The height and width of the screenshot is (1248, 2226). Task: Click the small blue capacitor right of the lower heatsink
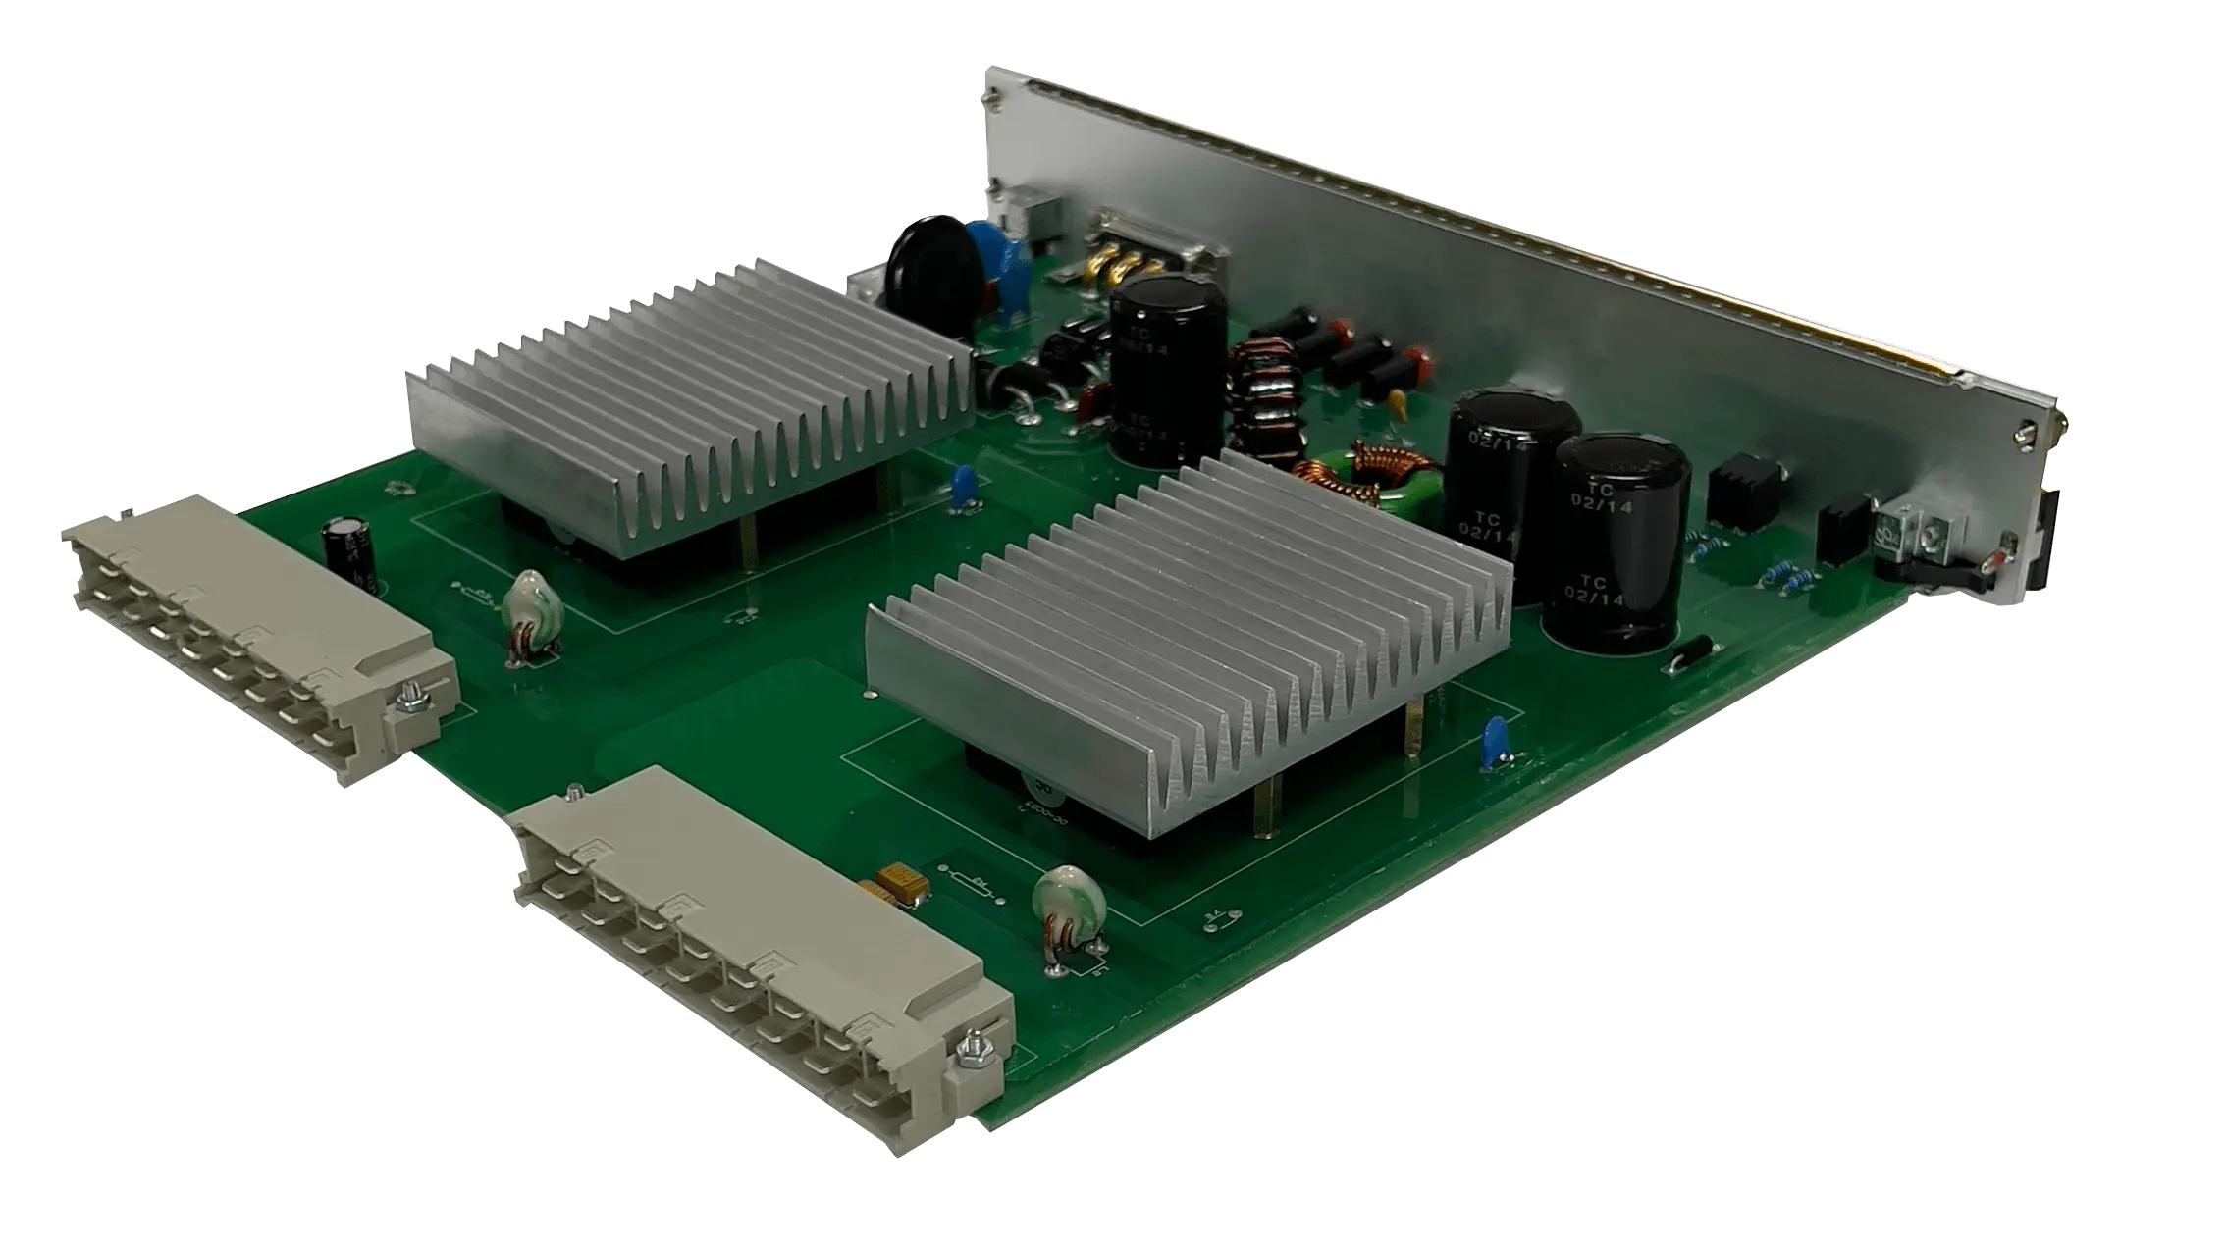(x=1497, y=736)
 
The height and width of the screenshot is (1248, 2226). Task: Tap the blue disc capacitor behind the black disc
(x=996, y=245)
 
